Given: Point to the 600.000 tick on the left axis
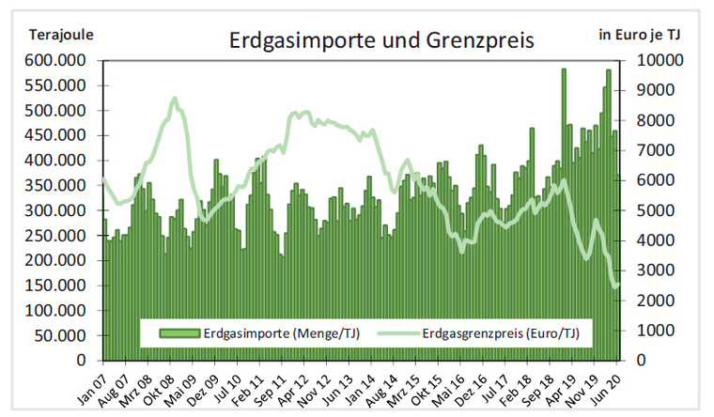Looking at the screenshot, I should [x=55, y=60].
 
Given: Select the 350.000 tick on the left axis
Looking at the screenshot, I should [x=55, y=185].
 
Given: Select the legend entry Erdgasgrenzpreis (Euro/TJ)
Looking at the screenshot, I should [x=489, y=332].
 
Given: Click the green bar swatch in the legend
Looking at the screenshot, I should [x=180, y=332].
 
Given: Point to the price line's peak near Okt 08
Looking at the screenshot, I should [x=175, y=98].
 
